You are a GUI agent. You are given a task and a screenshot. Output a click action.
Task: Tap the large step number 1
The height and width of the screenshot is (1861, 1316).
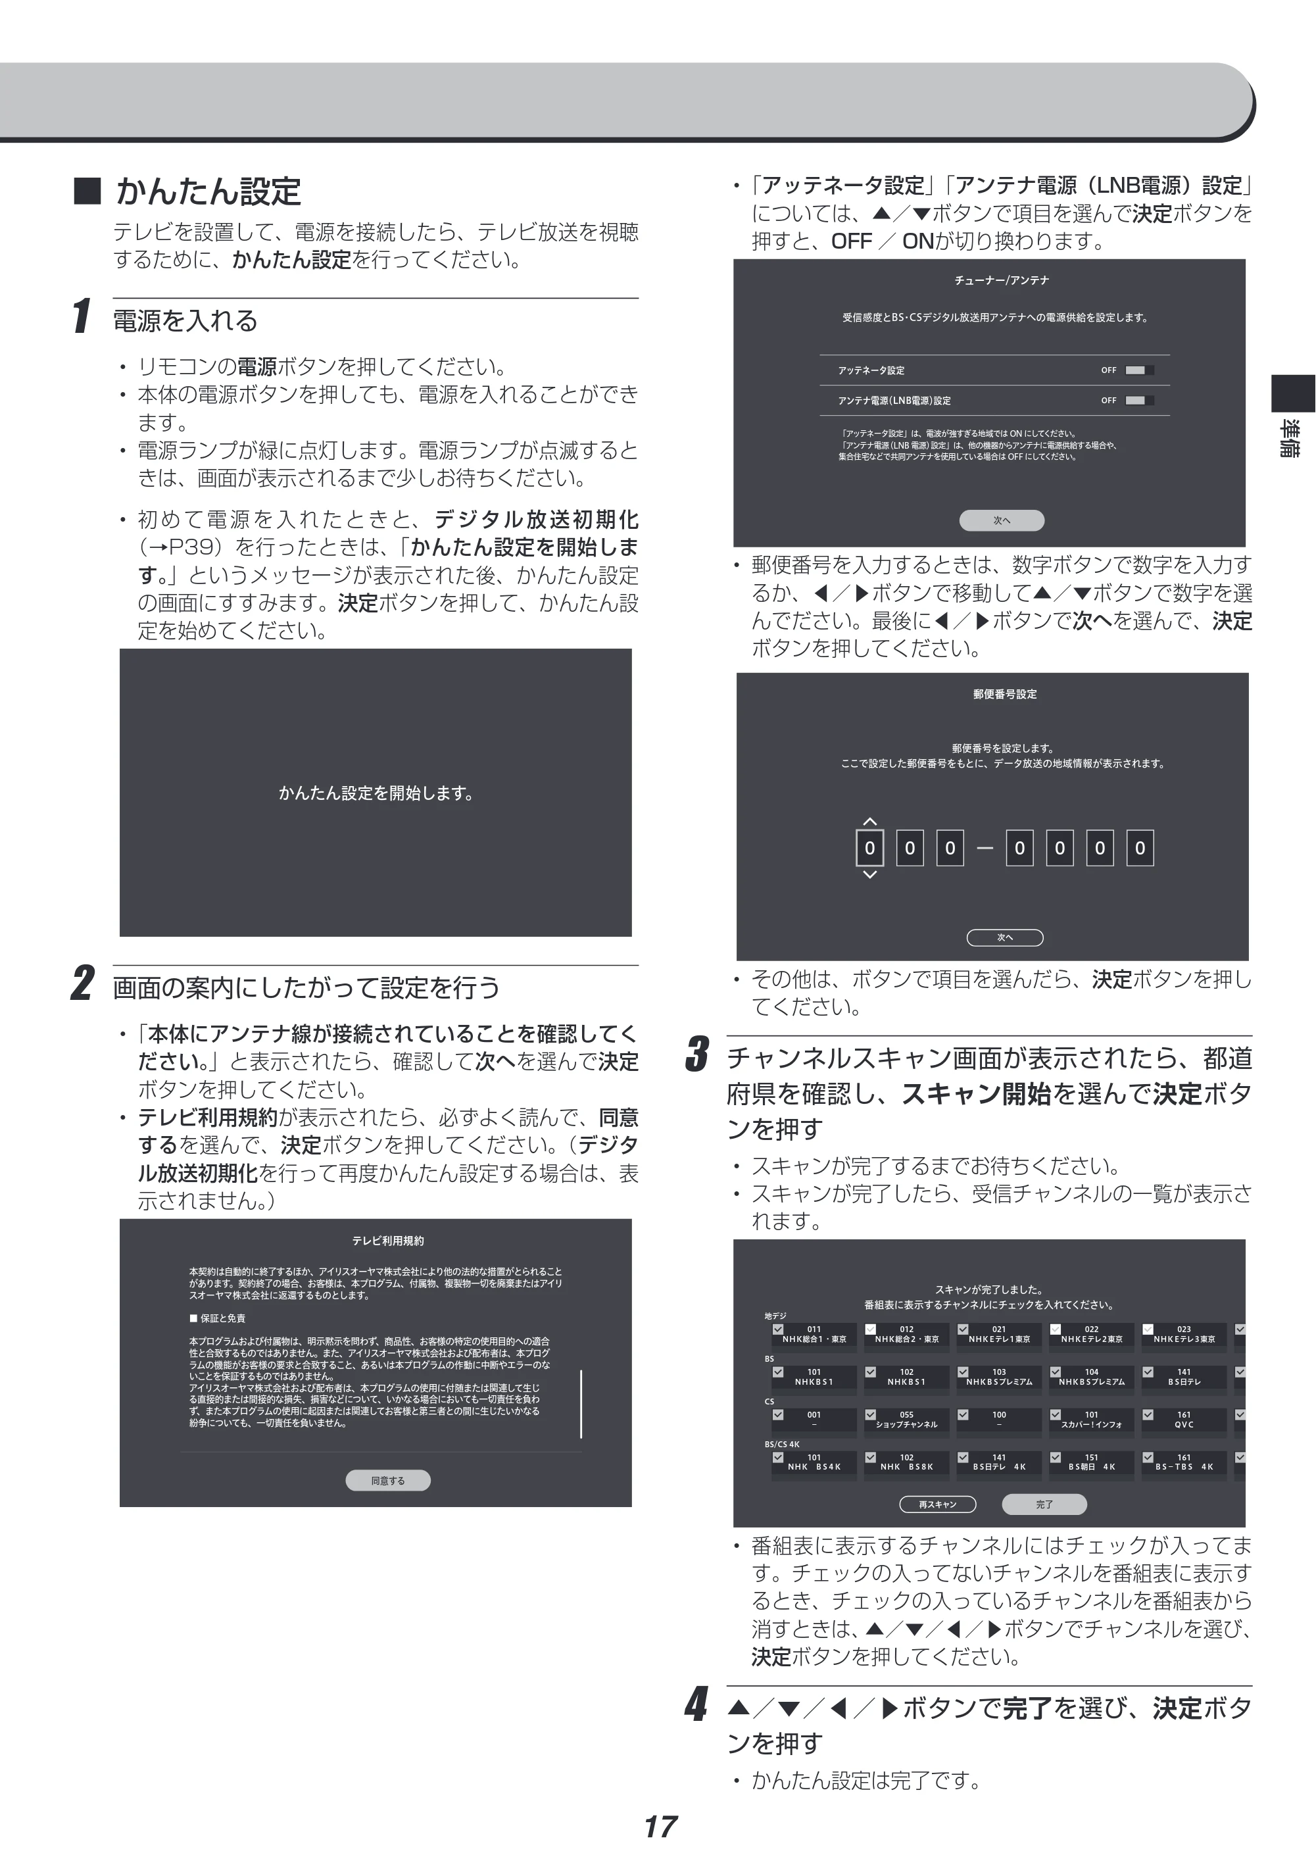(x=81, y=316)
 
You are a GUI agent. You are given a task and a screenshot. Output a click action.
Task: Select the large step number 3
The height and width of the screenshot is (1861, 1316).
(x=696, y=1054)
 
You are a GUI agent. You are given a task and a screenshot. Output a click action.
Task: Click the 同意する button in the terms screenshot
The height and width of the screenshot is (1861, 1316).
(x=388, y=1480)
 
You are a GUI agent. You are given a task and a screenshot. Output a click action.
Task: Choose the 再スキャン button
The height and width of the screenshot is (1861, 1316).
(x=938, y=1504)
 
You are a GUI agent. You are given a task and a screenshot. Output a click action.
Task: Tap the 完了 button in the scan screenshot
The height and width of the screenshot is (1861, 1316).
(x=1044, y=1504)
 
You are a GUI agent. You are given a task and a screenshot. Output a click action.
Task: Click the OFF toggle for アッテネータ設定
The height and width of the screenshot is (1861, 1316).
(x=1139, y=370)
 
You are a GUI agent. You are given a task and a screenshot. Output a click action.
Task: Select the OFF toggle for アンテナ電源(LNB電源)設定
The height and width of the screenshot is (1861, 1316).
(x=1139, y=401)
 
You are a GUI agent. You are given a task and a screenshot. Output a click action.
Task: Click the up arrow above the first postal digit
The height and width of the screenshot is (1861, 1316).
(x=869, y=822)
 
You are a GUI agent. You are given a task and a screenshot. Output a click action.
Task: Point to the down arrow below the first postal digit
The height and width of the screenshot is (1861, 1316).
(x=869, y=874)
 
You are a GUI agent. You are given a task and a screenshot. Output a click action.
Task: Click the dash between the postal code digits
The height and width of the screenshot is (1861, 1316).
(x=985, y=849)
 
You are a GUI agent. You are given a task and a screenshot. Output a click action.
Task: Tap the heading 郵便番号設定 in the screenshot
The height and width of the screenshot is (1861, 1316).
(x=1005, y=694)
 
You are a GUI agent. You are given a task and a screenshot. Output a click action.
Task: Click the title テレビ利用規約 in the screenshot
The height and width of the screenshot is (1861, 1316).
(x=388, y=1241)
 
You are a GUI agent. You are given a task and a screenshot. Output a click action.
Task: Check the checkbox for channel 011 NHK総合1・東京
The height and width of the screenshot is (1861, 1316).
(x=778, y=1329)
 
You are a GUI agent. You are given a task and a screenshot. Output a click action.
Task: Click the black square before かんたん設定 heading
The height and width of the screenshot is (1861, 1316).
(x=87, y=191)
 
